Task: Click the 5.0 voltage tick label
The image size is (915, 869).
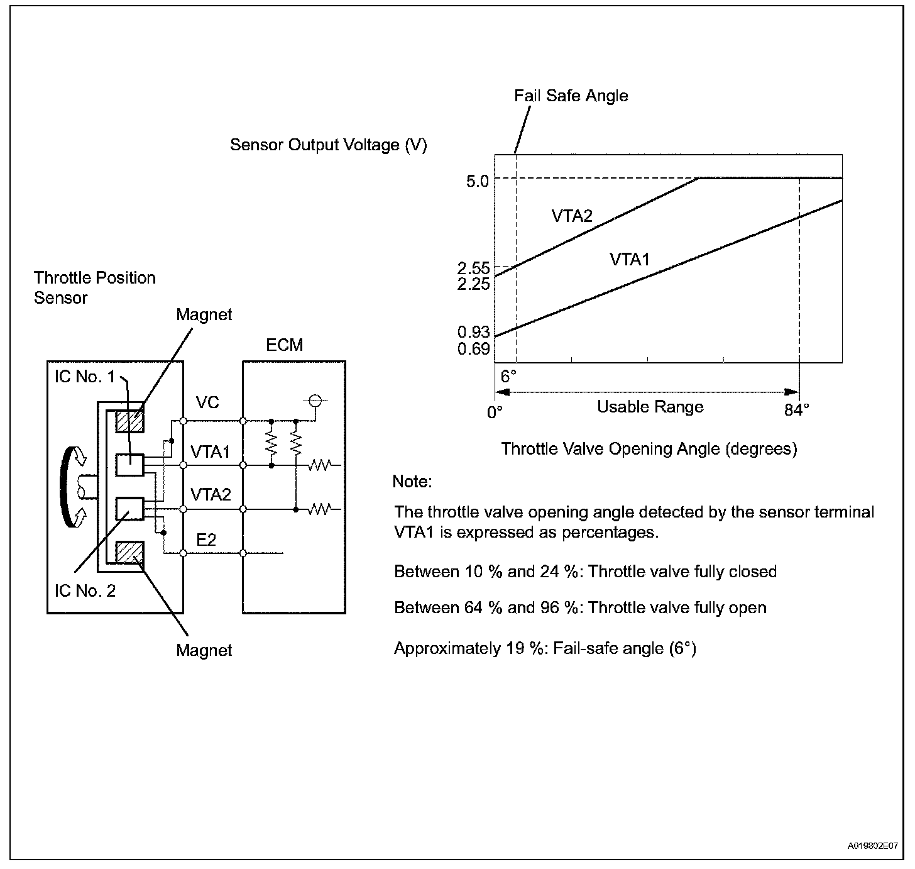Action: (478, 181)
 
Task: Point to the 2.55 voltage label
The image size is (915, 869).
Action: (473, 268)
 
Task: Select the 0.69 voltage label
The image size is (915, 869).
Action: (473, 348)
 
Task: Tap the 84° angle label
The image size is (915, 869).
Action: (797, 411)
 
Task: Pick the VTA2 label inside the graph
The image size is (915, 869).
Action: (572, 216)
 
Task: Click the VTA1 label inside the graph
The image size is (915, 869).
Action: (630, 259)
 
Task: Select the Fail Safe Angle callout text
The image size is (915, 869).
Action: (571, 96)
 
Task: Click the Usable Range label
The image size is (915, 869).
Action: (650, 407)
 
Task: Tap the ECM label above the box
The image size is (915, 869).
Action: (285, 345)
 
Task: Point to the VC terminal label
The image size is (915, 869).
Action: (207, 402)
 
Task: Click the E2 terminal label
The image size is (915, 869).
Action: (206, 540)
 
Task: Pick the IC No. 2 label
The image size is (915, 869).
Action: (85, 591)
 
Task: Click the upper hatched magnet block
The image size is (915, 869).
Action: (130, 421)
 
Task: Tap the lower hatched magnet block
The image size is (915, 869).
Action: (130, 553)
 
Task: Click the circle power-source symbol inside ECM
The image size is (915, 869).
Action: (315, 401)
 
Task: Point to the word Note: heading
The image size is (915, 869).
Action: (412, 482)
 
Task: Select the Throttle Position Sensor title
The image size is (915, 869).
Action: (94, 287)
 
